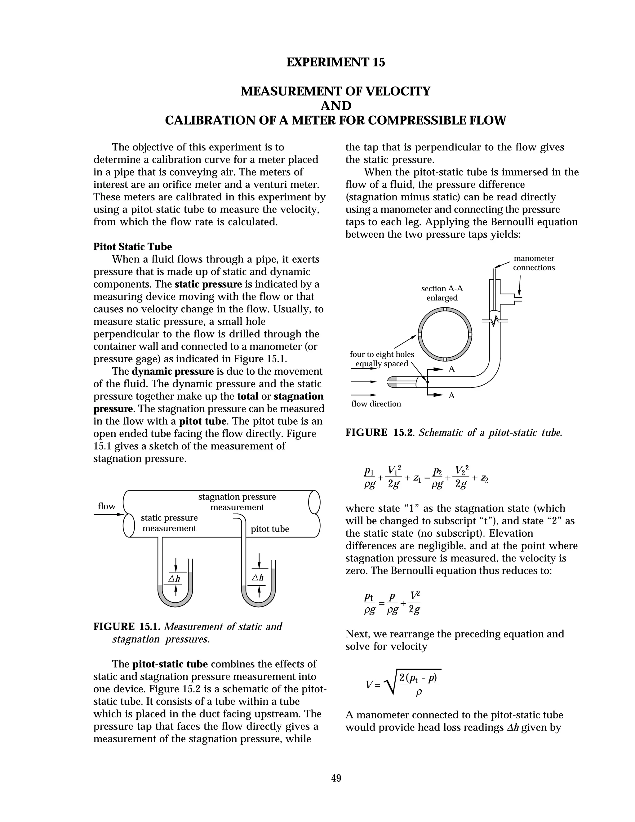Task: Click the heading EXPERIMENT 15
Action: click(335, 62)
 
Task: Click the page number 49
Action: click(336, 778)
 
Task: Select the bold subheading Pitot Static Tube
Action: click(132, 247)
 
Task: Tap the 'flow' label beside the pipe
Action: click(106, 506)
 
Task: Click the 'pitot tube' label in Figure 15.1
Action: click(270, 529)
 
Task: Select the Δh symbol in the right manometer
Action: click(258, 577)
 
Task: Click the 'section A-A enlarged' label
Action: click(442, 293)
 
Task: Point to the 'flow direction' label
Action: click(376, 404)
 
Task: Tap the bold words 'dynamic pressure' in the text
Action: click(172, 372)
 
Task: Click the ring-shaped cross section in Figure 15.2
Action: click(445, 334)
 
